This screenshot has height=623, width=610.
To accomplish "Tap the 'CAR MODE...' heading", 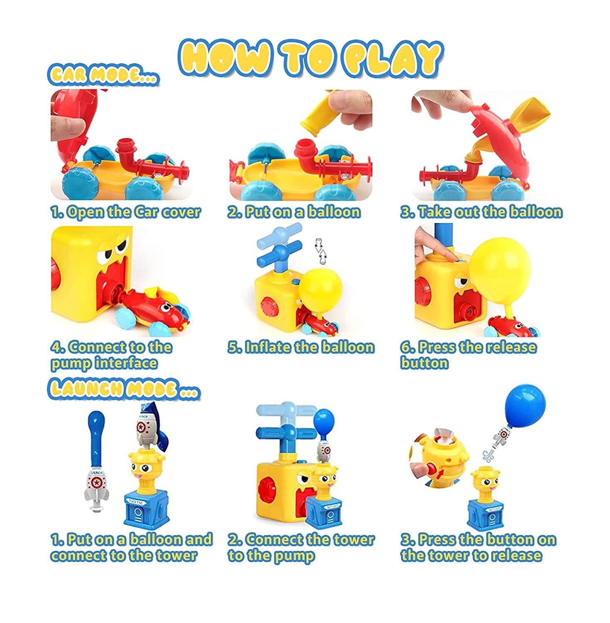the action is [103, 74].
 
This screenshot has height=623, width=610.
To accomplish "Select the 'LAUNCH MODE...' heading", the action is [124, 389].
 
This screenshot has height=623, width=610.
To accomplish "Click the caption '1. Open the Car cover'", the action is [125, 212].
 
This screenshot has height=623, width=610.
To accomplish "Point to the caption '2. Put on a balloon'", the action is [294, 212].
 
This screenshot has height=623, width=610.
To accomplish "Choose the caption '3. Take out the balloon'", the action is [481, 212].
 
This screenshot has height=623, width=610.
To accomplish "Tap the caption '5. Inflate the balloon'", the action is [301, 347].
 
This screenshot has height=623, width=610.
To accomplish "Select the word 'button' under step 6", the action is [424, 363].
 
